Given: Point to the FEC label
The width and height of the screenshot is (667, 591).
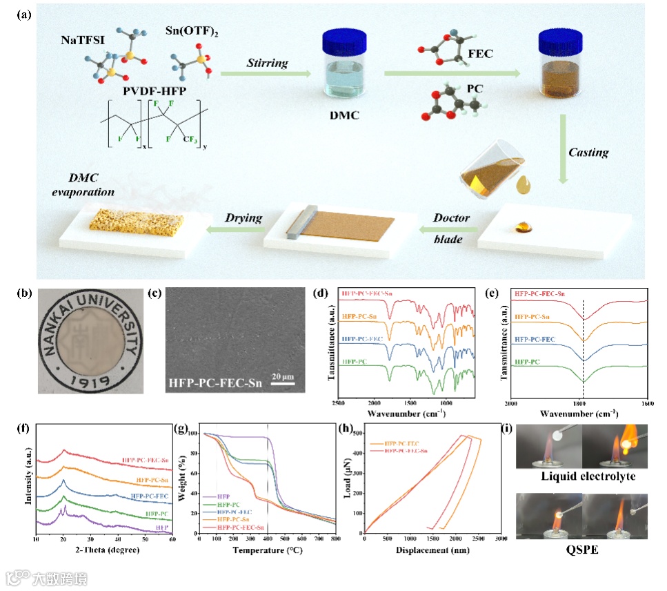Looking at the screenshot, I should [479, 53].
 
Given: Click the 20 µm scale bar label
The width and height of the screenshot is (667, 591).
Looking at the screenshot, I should [282, 376].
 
